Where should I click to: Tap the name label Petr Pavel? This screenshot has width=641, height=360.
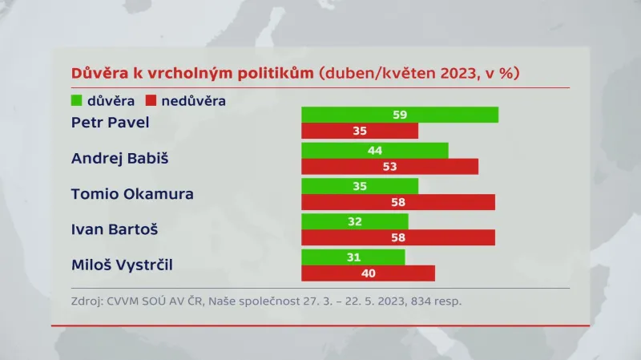pyautogui.click(x=111, y=123)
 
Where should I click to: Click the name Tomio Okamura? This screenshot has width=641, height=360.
pyautogui.click(x=132, y=193)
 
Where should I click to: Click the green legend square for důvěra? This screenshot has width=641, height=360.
pyautogui.click(x=77, y=101)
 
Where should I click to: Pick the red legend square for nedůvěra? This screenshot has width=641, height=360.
pyautogui.click(x=150, y=101)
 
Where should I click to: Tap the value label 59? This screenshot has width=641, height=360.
pyautogui.click(x=400, y=115)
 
